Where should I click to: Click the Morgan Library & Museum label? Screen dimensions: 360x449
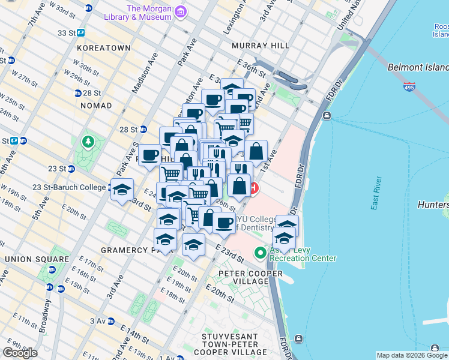click(149, 13)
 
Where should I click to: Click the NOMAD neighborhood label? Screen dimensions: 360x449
click(96, 106)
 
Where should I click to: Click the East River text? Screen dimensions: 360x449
click(376, 192)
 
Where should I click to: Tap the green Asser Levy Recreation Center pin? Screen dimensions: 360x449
click(260, 253)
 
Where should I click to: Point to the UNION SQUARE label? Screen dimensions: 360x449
click(30, 259)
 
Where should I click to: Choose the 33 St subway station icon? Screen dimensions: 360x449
click(80, 33)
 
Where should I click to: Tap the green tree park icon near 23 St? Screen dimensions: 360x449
click(88, 142)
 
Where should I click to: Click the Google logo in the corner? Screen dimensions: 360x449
click(20, 353)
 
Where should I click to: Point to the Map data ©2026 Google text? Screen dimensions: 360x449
click(411, 355)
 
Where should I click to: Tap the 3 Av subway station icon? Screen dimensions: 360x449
click(110, 322)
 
